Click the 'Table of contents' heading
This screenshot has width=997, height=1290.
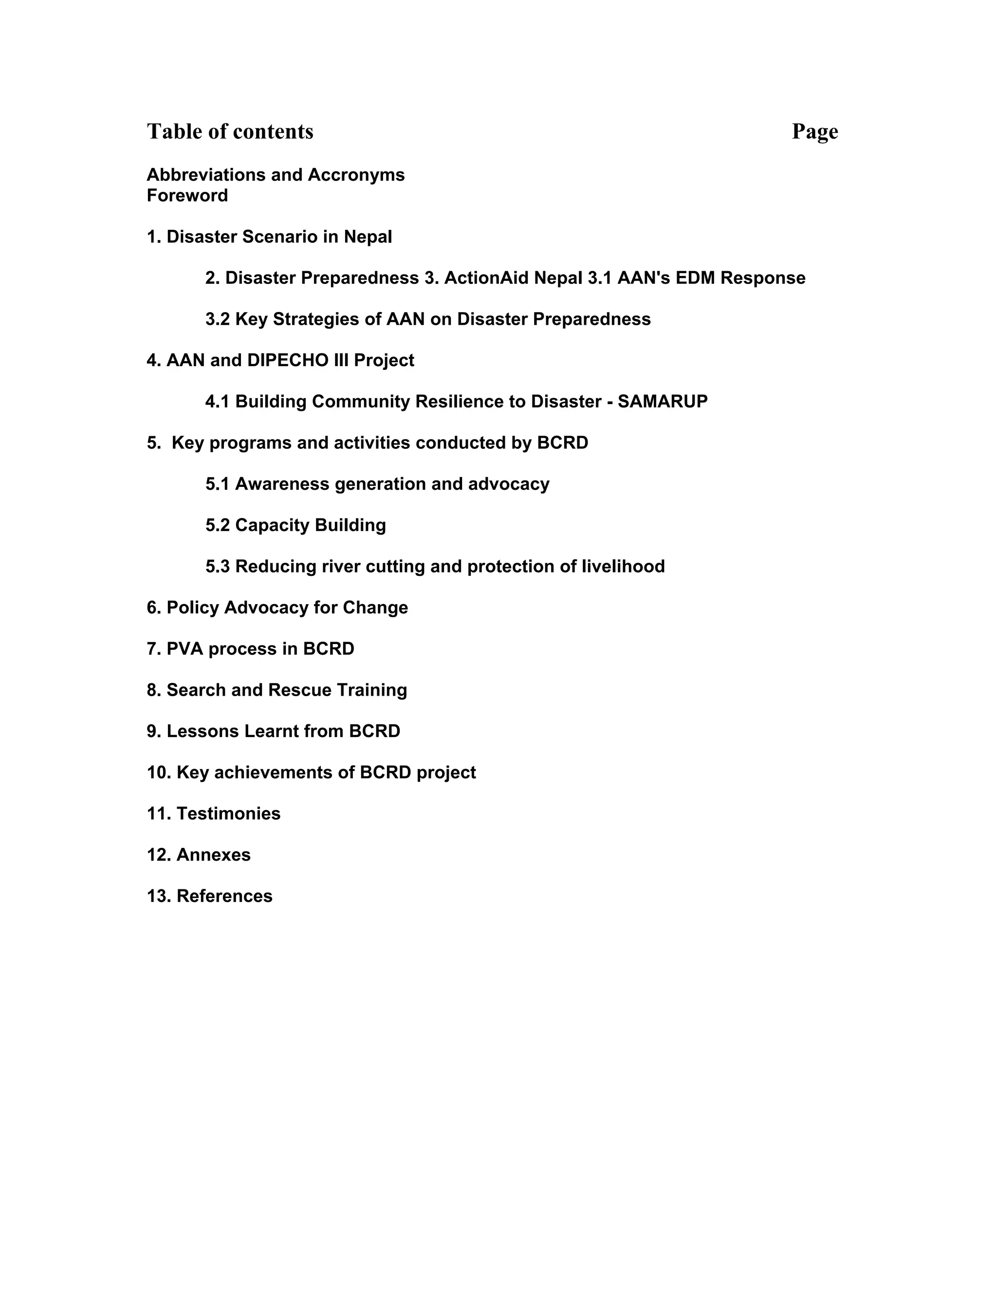(230, 132)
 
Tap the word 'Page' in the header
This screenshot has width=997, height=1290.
(814, 132)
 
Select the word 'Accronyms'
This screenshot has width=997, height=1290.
(356, 175)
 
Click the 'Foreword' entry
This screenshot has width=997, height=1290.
(187, 196)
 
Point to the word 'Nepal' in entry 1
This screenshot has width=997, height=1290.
(368, 237)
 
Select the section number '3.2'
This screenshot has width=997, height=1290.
(217, 319)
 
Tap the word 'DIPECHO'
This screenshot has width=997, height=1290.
(288, 360)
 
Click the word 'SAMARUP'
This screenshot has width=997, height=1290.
(662, 402)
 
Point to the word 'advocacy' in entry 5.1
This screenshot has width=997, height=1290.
(509, 484)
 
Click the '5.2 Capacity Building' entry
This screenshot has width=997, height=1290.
(295, 525)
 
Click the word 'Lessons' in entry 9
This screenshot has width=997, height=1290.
(203, 731)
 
